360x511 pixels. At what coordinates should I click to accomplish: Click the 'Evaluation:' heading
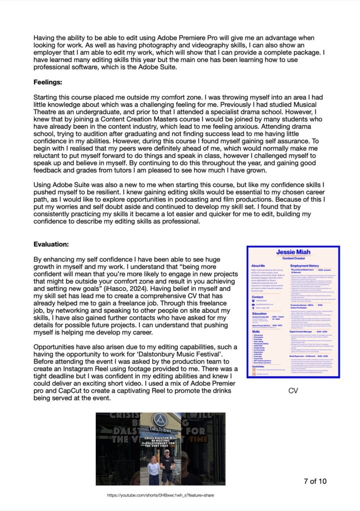click(x=54, y=245)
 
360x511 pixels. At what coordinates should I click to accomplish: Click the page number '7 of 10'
click(x=315, y=481)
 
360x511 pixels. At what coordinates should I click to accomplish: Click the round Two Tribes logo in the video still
click(x=160, y=421)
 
